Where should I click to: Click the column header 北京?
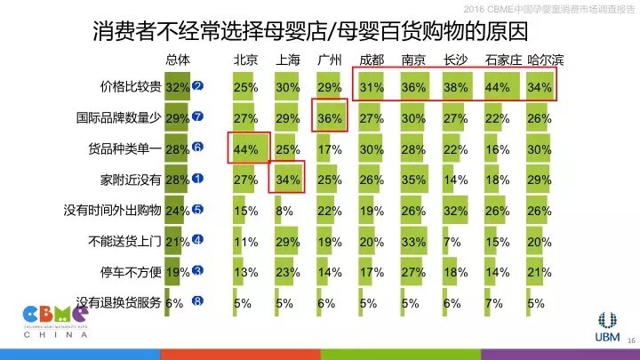(245, 60)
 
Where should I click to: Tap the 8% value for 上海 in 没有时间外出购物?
(283, 210)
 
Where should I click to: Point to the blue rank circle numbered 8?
(198, 301)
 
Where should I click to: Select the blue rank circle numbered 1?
(198, 179)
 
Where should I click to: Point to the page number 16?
(632, 340)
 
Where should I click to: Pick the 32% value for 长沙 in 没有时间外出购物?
(457, 210)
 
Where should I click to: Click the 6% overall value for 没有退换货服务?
(174, 301)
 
